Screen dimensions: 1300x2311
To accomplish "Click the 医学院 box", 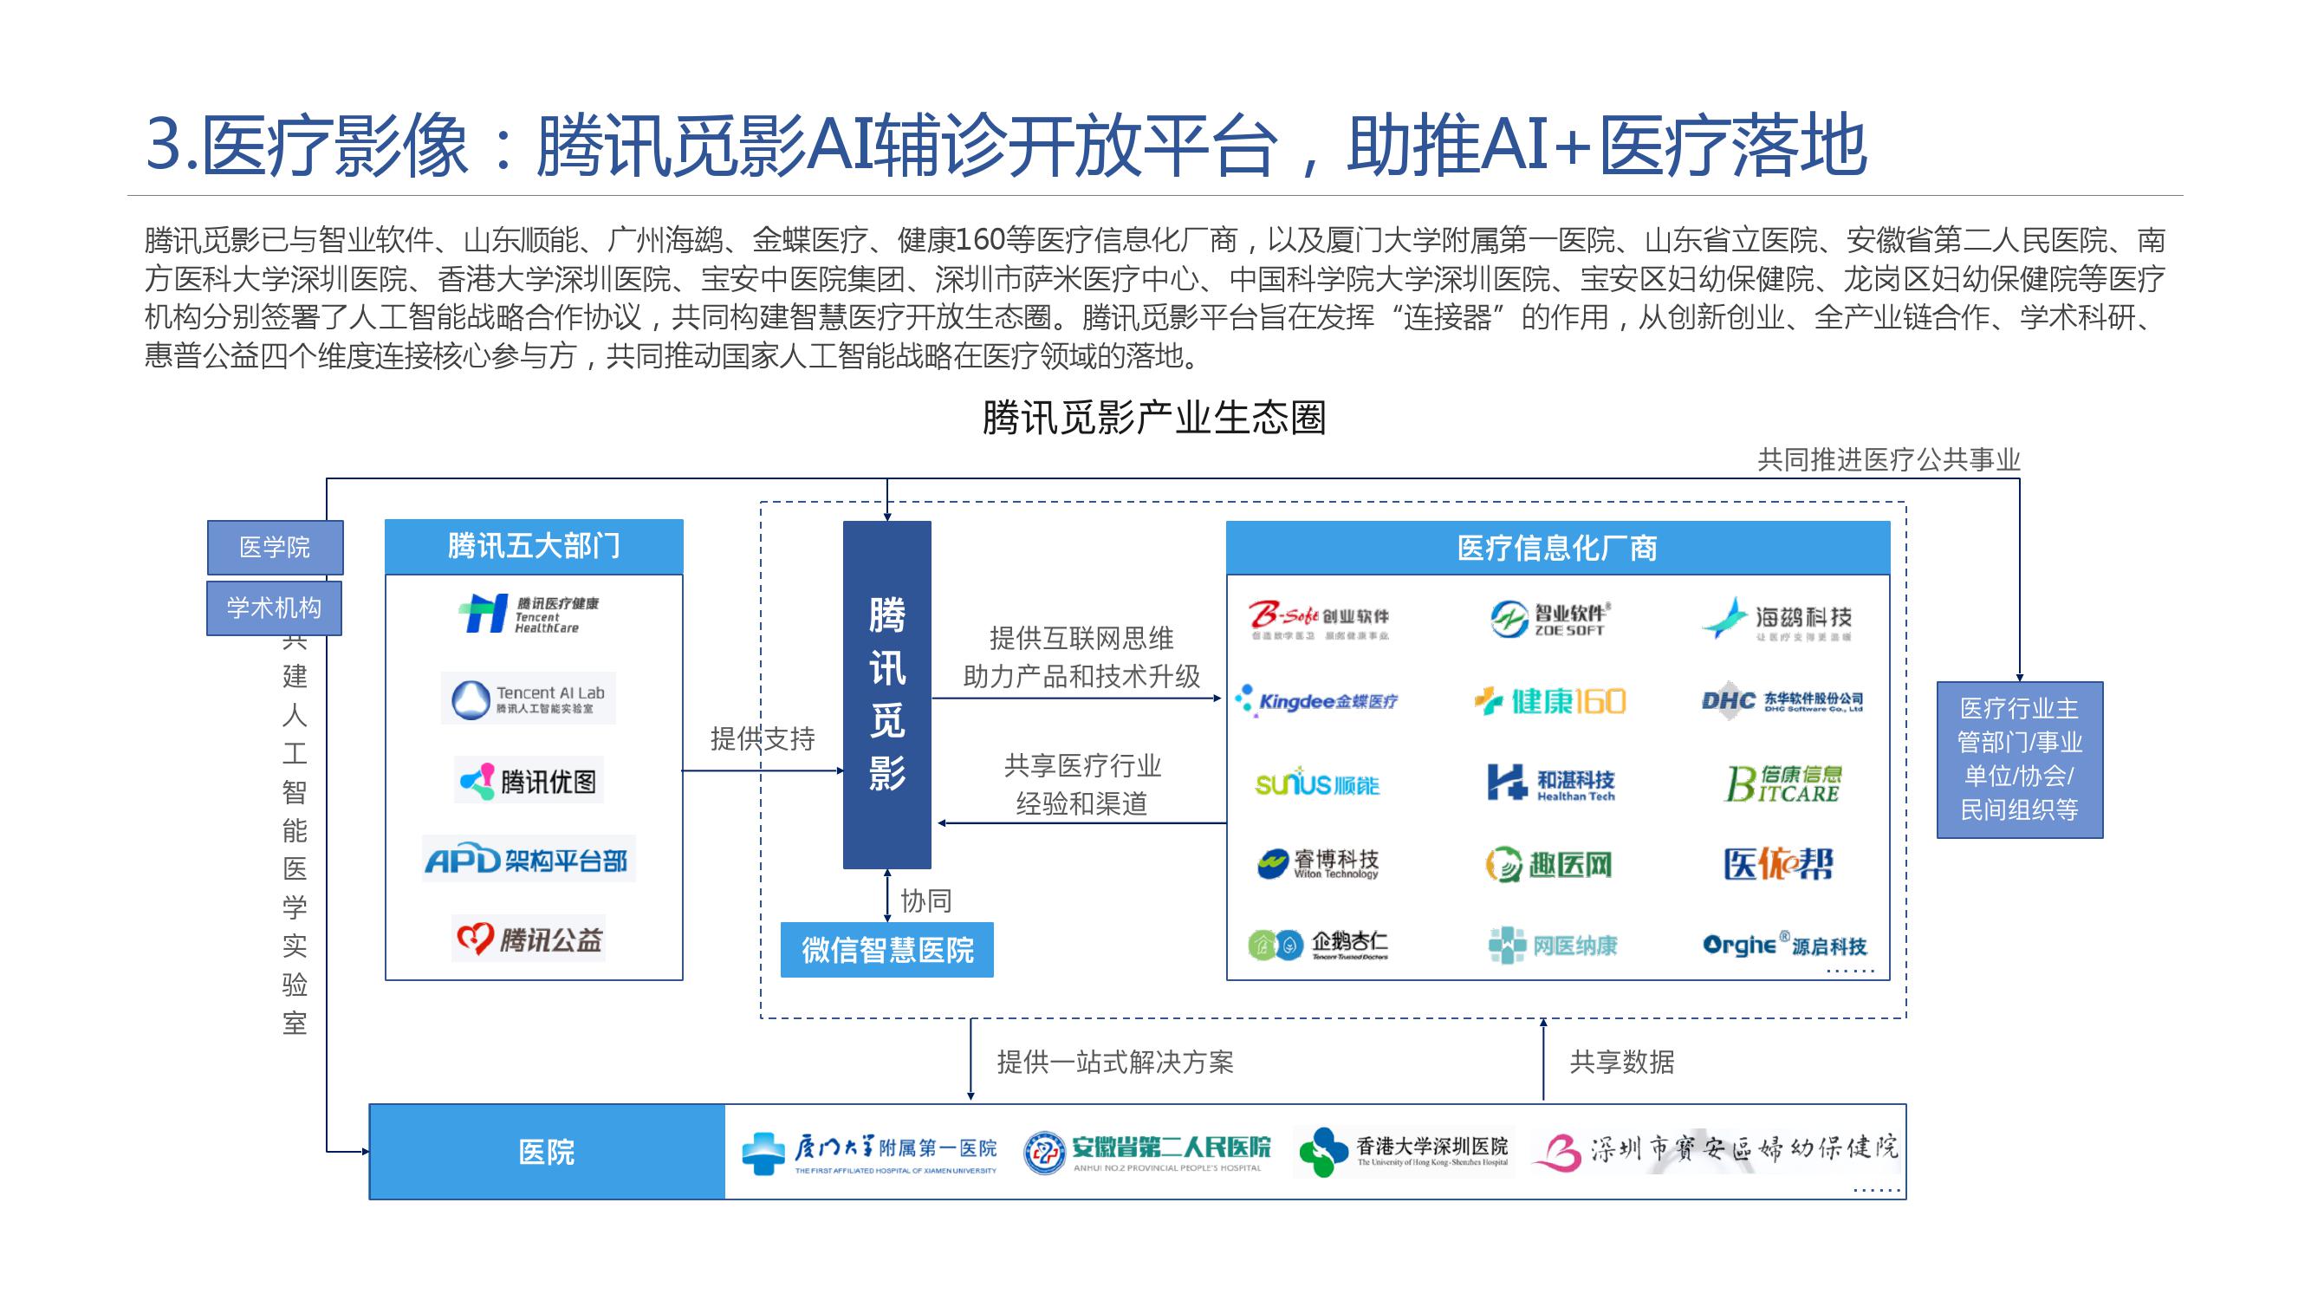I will point(275,547).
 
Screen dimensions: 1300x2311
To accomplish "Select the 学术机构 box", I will point(274,608).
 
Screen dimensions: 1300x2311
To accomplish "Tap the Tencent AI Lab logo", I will point(529,699).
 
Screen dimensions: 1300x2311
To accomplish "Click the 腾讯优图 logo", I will point(529,781).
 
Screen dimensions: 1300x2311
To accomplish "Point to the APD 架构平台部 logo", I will point(528,861).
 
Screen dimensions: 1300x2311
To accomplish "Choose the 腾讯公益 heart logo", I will point(529,939).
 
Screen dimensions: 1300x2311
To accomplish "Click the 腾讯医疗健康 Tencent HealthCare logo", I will point(529,614).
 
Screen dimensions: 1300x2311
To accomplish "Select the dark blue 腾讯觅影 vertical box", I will point(886,694).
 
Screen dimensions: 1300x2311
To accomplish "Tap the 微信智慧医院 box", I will point(886,949).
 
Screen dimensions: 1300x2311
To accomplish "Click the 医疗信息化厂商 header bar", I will point(1557,547).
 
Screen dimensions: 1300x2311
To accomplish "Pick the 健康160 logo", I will point(1550,700).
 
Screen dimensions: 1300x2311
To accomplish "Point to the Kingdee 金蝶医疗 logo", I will point(1316,700).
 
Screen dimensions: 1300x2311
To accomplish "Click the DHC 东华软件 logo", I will point(1782,700).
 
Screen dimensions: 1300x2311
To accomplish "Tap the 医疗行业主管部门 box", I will point(2020,759).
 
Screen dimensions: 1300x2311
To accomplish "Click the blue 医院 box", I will point(547,1152).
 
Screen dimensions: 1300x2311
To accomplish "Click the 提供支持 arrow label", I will point(763,739).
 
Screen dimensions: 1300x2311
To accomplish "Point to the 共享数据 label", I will point(1621,1063).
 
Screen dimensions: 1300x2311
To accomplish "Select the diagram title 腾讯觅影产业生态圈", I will point(1153,418).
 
